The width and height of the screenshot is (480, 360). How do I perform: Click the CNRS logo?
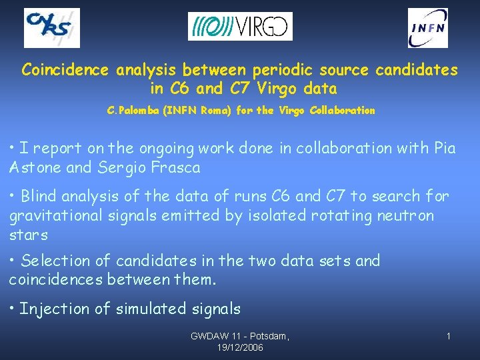[x=52, y=28]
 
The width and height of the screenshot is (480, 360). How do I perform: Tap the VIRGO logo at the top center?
[x=240, y=27]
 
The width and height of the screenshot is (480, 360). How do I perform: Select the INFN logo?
[x=428, y=28]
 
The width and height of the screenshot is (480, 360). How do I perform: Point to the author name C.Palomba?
[x=135, y=111]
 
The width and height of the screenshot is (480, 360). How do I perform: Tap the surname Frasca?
[x=176, y=167]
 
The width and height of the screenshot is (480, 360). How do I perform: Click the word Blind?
[x=41, y=196]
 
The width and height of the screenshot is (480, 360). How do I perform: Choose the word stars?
[x=29, y=235]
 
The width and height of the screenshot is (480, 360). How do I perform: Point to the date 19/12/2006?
[x=241, y=347]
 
